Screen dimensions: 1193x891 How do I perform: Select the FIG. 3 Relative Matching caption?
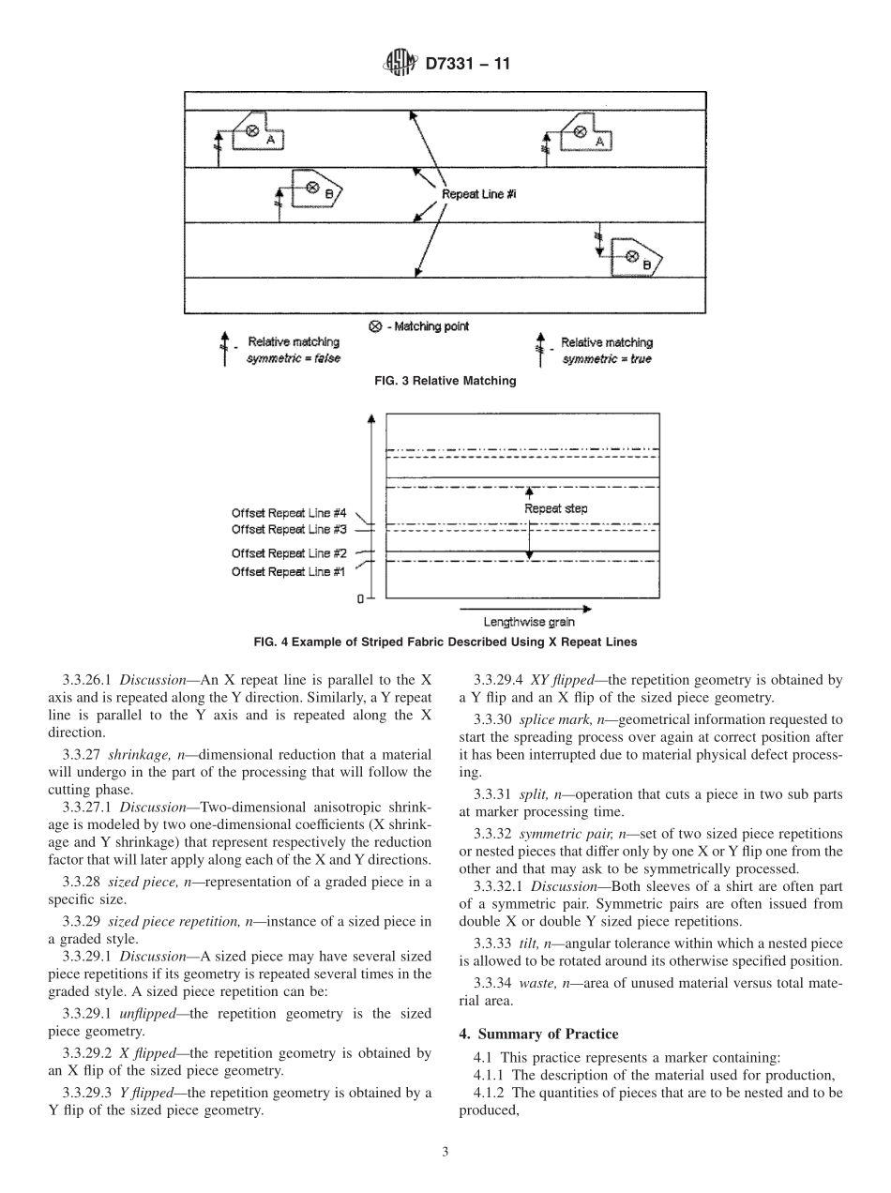point(445,381)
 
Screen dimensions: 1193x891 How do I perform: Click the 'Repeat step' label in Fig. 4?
point(555,508)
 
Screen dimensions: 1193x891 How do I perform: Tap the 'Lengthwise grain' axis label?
point(529,621)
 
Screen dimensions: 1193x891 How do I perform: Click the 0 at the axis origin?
point(360,598)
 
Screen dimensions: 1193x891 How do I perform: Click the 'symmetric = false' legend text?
point(293,359)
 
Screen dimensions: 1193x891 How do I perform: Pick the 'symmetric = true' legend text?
point(606,359)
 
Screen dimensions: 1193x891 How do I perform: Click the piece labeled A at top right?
point(587,136)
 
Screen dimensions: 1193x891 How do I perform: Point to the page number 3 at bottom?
point(445,1152)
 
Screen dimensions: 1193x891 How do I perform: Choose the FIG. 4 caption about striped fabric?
point(445,642)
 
